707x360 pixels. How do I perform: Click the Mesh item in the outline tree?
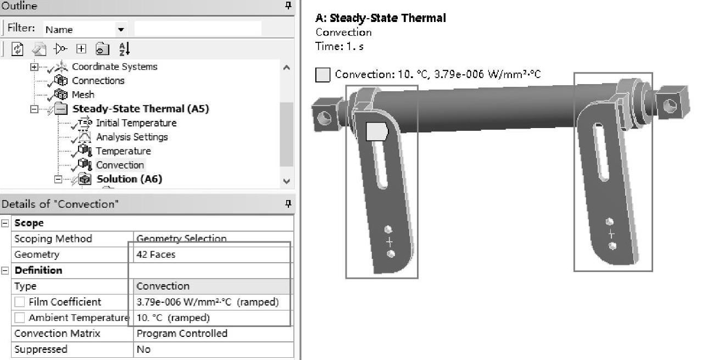point(83,95)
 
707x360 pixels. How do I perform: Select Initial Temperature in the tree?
point(136,123)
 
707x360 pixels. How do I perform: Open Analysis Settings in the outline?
point(132,137)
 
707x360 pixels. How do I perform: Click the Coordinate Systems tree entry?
point(115,67)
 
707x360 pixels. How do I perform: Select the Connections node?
point(98,81)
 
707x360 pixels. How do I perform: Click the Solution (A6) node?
point(130,179)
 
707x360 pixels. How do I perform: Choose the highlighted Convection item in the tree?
point(120,165)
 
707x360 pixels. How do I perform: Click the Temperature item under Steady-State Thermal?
point(124,151)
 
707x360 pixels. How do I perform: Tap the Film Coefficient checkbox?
point(20,302)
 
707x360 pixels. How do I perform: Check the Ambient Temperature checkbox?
point(20,318)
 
